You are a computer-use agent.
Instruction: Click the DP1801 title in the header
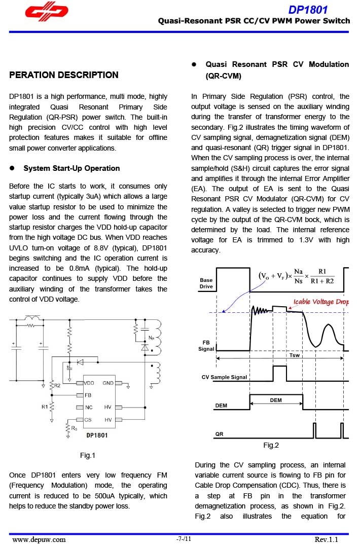tap(308, 10)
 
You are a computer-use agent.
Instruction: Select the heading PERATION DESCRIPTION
tap(64, 75)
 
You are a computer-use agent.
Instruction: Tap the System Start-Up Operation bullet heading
tap(71, 168)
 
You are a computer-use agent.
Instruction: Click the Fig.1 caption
tap(88, 455)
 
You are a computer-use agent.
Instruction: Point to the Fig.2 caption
tap(271, 445)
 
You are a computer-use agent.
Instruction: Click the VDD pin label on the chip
tap(89, 383)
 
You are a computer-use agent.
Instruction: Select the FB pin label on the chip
tap(88, 395)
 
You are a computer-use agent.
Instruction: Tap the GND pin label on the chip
tap(108, 383)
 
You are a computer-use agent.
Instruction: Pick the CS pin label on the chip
tap(88, 420)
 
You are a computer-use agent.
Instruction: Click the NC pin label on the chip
tap(89, 407)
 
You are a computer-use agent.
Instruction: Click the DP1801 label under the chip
tap(97, 435)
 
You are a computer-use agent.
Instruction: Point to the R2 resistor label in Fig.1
tap(57, 386)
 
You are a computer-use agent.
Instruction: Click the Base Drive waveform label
tap(206, 283)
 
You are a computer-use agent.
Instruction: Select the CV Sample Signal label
tap(224, 377)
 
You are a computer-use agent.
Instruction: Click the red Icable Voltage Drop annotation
tap(321, 302)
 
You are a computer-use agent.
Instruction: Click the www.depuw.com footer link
tap(39, 539)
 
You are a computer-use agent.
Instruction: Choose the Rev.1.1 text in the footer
tap(326, 539)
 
